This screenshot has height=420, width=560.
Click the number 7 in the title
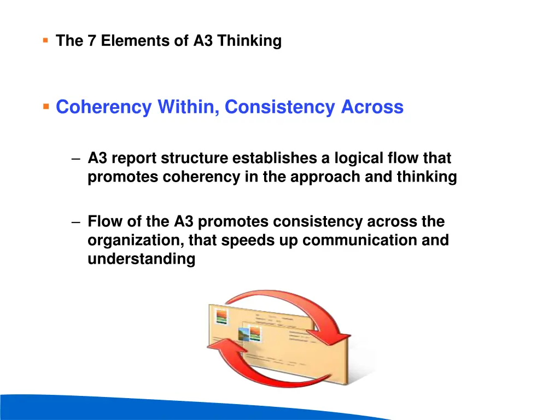point(91,41)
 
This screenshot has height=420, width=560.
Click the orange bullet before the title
point(45,40)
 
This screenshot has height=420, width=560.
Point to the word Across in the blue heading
point(372,107)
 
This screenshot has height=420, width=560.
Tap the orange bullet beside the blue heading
point(46,106)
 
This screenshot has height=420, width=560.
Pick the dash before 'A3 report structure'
point(76,159)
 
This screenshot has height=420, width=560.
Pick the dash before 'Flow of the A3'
point(76,223)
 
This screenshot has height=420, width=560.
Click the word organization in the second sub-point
point(125,241)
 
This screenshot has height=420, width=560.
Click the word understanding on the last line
point(141,259)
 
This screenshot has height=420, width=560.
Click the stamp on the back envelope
point(221,316)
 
